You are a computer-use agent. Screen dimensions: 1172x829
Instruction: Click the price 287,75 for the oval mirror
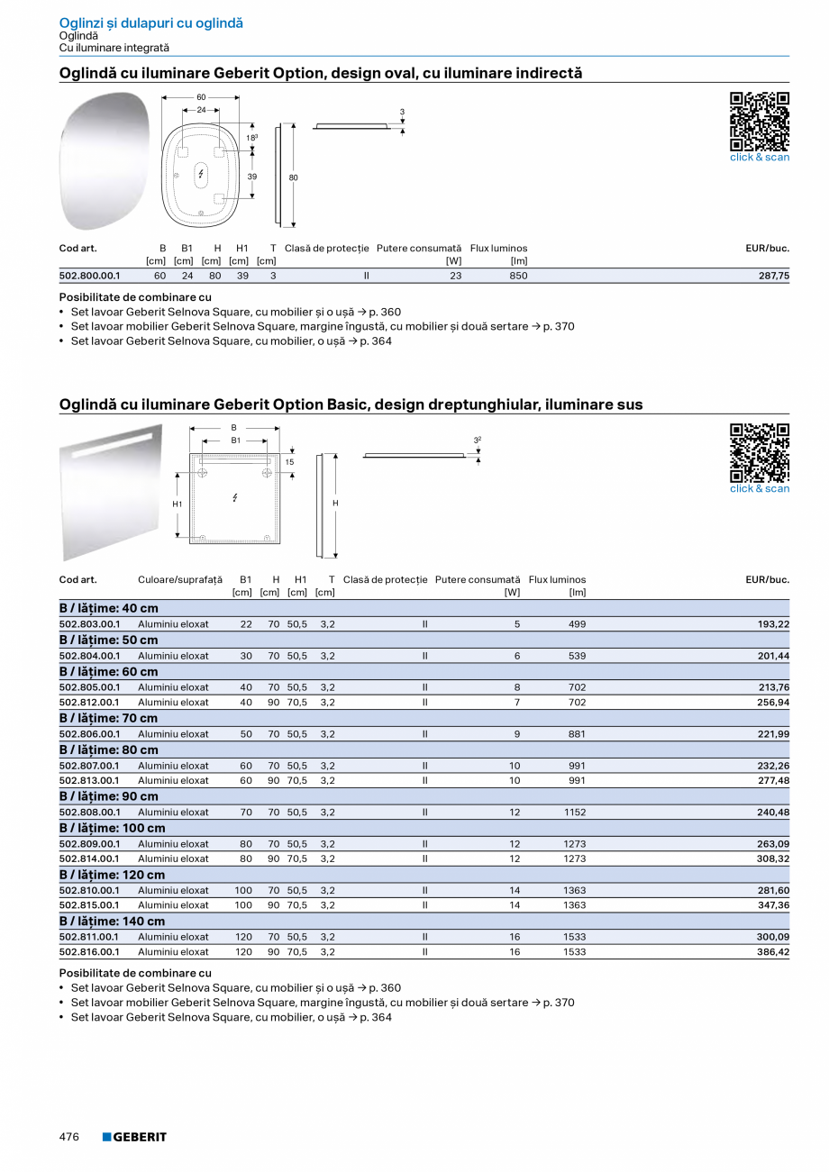pos(773,277)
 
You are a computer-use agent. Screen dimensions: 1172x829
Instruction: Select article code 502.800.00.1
pos(89,277)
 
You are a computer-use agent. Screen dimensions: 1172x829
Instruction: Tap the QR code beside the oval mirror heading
pos(759,121)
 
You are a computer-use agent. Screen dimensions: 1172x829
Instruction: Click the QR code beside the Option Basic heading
pos(759,452)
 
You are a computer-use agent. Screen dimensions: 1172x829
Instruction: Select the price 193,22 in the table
pos(773,624)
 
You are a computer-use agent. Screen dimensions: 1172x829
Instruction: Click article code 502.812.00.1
pos(89,703)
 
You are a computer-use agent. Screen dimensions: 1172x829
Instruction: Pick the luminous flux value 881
pos(577,734)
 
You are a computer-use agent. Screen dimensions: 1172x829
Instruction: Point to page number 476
pos(69,1137)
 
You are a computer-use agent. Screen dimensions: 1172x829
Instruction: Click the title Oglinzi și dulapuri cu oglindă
pos(150,23)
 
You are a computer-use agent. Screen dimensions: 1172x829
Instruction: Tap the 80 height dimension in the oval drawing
pos(293,178)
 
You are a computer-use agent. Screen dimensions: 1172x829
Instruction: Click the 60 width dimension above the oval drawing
pos(201,97)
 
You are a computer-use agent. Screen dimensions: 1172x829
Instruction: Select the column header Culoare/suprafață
pos(179,580)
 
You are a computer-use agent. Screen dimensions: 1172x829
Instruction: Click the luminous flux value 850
pos(518,277)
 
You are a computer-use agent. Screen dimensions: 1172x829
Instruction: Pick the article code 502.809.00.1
pos(89,845)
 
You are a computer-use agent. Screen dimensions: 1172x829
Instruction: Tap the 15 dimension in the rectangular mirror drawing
pos(289,462)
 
